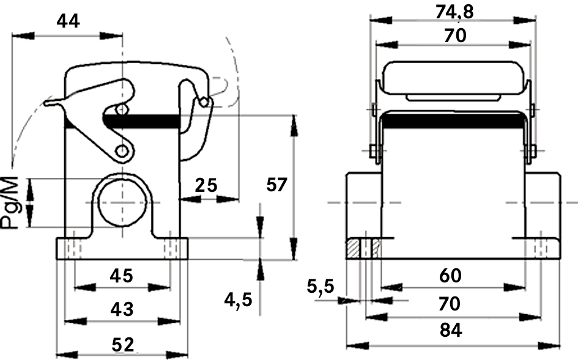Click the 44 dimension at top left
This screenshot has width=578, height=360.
coord(68,21)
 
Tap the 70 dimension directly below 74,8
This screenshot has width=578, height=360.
coord(454,35)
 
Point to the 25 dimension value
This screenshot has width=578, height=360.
coord(207,185)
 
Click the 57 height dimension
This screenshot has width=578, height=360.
coord(276,184)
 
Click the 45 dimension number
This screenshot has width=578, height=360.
coord(121,276)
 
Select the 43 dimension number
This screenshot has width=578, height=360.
coord(122,310)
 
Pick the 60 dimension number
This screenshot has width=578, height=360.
coord(452,276)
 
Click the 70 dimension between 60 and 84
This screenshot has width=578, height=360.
coord(452,304)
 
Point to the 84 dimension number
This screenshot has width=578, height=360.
coord(452,331)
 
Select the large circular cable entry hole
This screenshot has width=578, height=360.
coord(122,202)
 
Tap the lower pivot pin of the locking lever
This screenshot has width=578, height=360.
coord(122,150)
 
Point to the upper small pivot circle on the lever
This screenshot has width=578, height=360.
coord(122,109)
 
